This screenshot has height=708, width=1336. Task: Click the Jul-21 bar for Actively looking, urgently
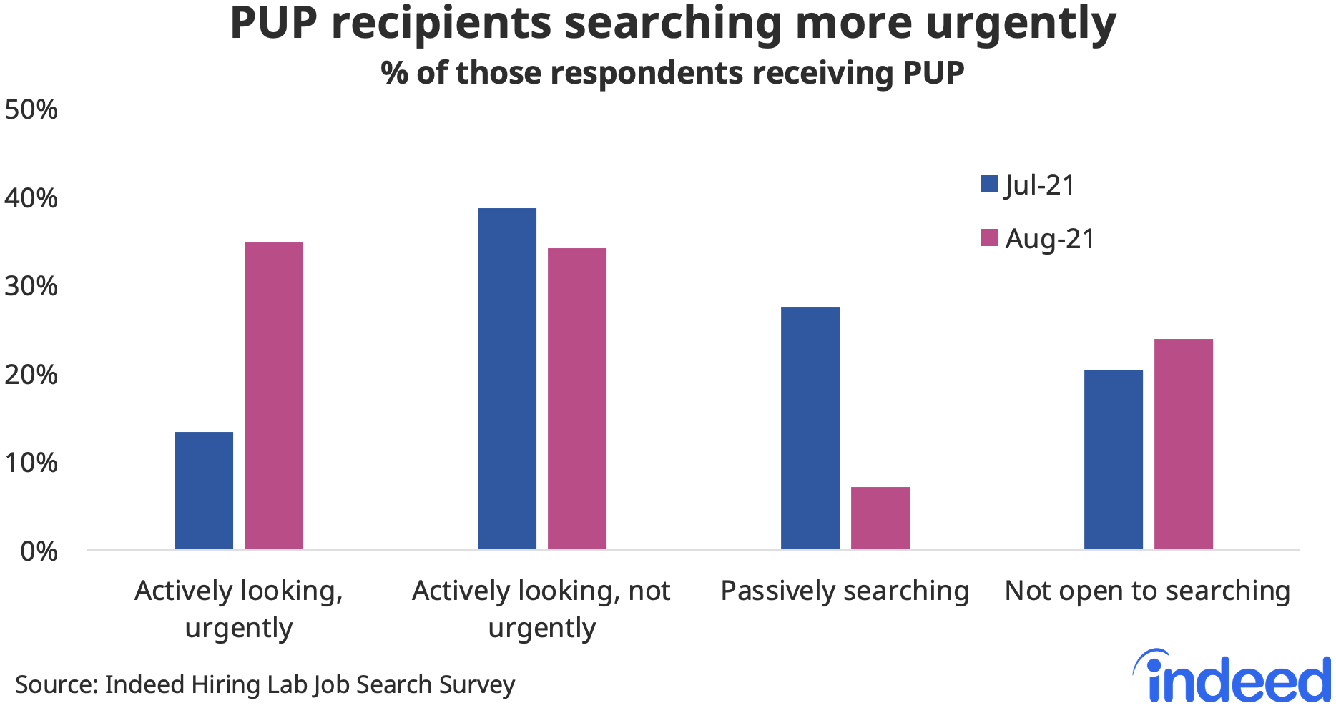click(x=204, y=491)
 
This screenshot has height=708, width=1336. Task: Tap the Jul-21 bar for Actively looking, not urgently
click(x=507, y=378)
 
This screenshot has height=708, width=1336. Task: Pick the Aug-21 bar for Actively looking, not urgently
click(x=577, y=398)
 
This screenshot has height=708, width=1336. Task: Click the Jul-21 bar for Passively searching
click(x=810, y=428)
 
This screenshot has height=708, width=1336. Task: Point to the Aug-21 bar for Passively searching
click(x=880, y=518)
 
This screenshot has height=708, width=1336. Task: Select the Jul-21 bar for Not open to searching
click(x=1114, y=459)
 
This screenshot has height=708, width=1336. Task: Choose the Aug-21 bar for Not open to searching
click(x=1184, y=444)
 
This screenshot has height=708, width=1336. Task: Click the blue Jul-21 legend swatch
click(x=990, y=185)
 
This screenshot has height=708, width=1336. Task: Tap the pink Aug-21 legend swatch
click(x=990, y=238)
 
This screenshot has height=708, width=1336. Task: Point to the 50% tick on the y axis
click(x=31, y=109)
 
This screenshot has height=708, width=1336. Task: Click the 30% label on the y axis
click(x=31, y=286)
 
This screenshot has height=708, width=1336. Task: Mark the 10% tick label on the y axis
click(x=31, y=463)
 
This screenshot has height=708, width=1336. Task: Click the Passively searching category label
click(x=845, y=591)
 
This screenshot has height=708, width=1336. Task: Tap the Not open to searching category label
click(x=1148, y=591)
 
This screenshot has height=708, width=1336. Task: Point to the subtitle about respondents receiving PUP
click(x=672, y=73)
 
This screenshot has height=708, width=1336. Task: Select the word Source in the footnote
click(x=56, y=684)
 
